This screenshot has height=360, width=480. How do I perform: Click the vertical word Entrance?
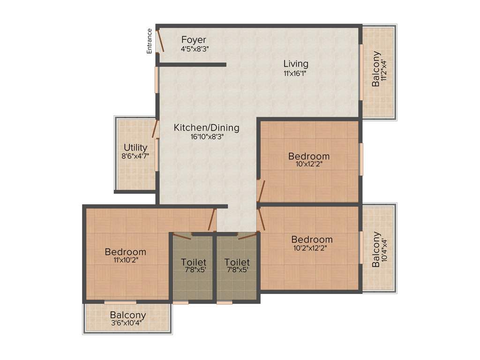(x=150, y=41)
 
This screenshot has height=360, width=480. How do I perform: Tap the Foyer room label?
(x=194, y=40)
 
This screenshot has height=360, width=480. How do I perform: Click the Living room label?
(x=296, y=64)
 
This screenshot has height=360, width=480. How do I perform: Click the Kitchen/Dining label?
(x=206, y=127)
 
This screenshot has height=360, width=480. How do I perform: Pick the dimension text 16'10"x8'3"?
(x=206, y=137)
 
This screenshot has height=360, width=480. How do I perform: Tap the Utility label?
(x=135, y=148)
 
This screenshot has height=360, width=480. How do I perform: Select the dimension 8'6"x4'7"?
(x=135, y=156)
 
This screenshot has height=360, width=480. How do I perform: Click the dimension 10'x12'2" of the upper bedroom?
(x=309, y=165)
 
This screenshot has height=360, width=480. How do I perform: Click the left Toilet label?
(x=194, y=262)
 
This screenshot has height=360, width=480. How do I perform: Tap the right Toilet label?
(x=237, y=262)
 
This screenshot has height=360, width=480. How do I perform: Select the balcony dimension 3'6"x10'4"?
(x=127, y=323)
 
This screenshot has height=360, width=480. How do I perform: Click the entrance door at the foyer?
(x=160, y=40)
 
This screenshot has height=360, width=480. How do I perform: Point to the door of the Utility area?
(x=156, y=129)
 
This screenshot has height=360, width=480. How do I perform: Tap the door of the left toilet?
(x=182, y=236)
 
